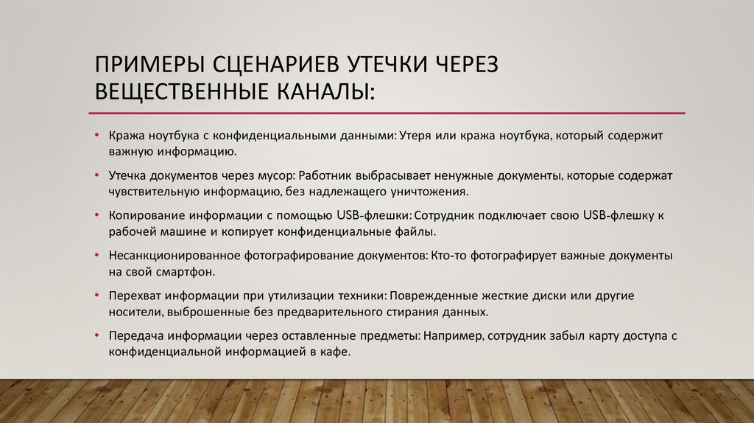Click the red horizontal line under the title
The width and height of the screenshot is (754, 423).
coord(387,113)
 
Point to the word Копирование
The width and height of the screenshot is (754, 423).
coord(144,216)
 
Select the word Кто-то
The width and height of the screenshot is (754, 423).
coord(446,255)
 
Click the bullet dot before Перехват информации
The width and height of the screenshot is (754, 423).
coord(98,296)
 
